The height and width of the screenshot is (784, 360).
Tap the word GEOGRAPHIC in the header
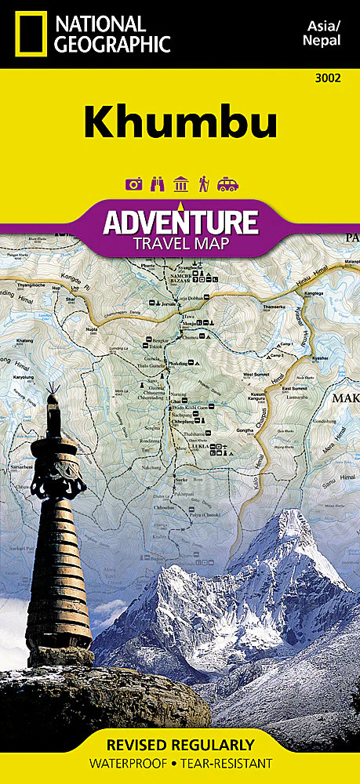111,44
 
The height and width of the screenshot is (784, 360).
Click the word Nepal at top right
323,40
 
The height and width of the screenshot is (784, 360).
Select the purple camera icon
132,184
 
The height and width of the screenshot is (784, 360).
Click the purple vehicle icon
227,184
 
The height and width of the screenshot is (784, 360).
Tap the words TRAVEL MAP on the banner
180,242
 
